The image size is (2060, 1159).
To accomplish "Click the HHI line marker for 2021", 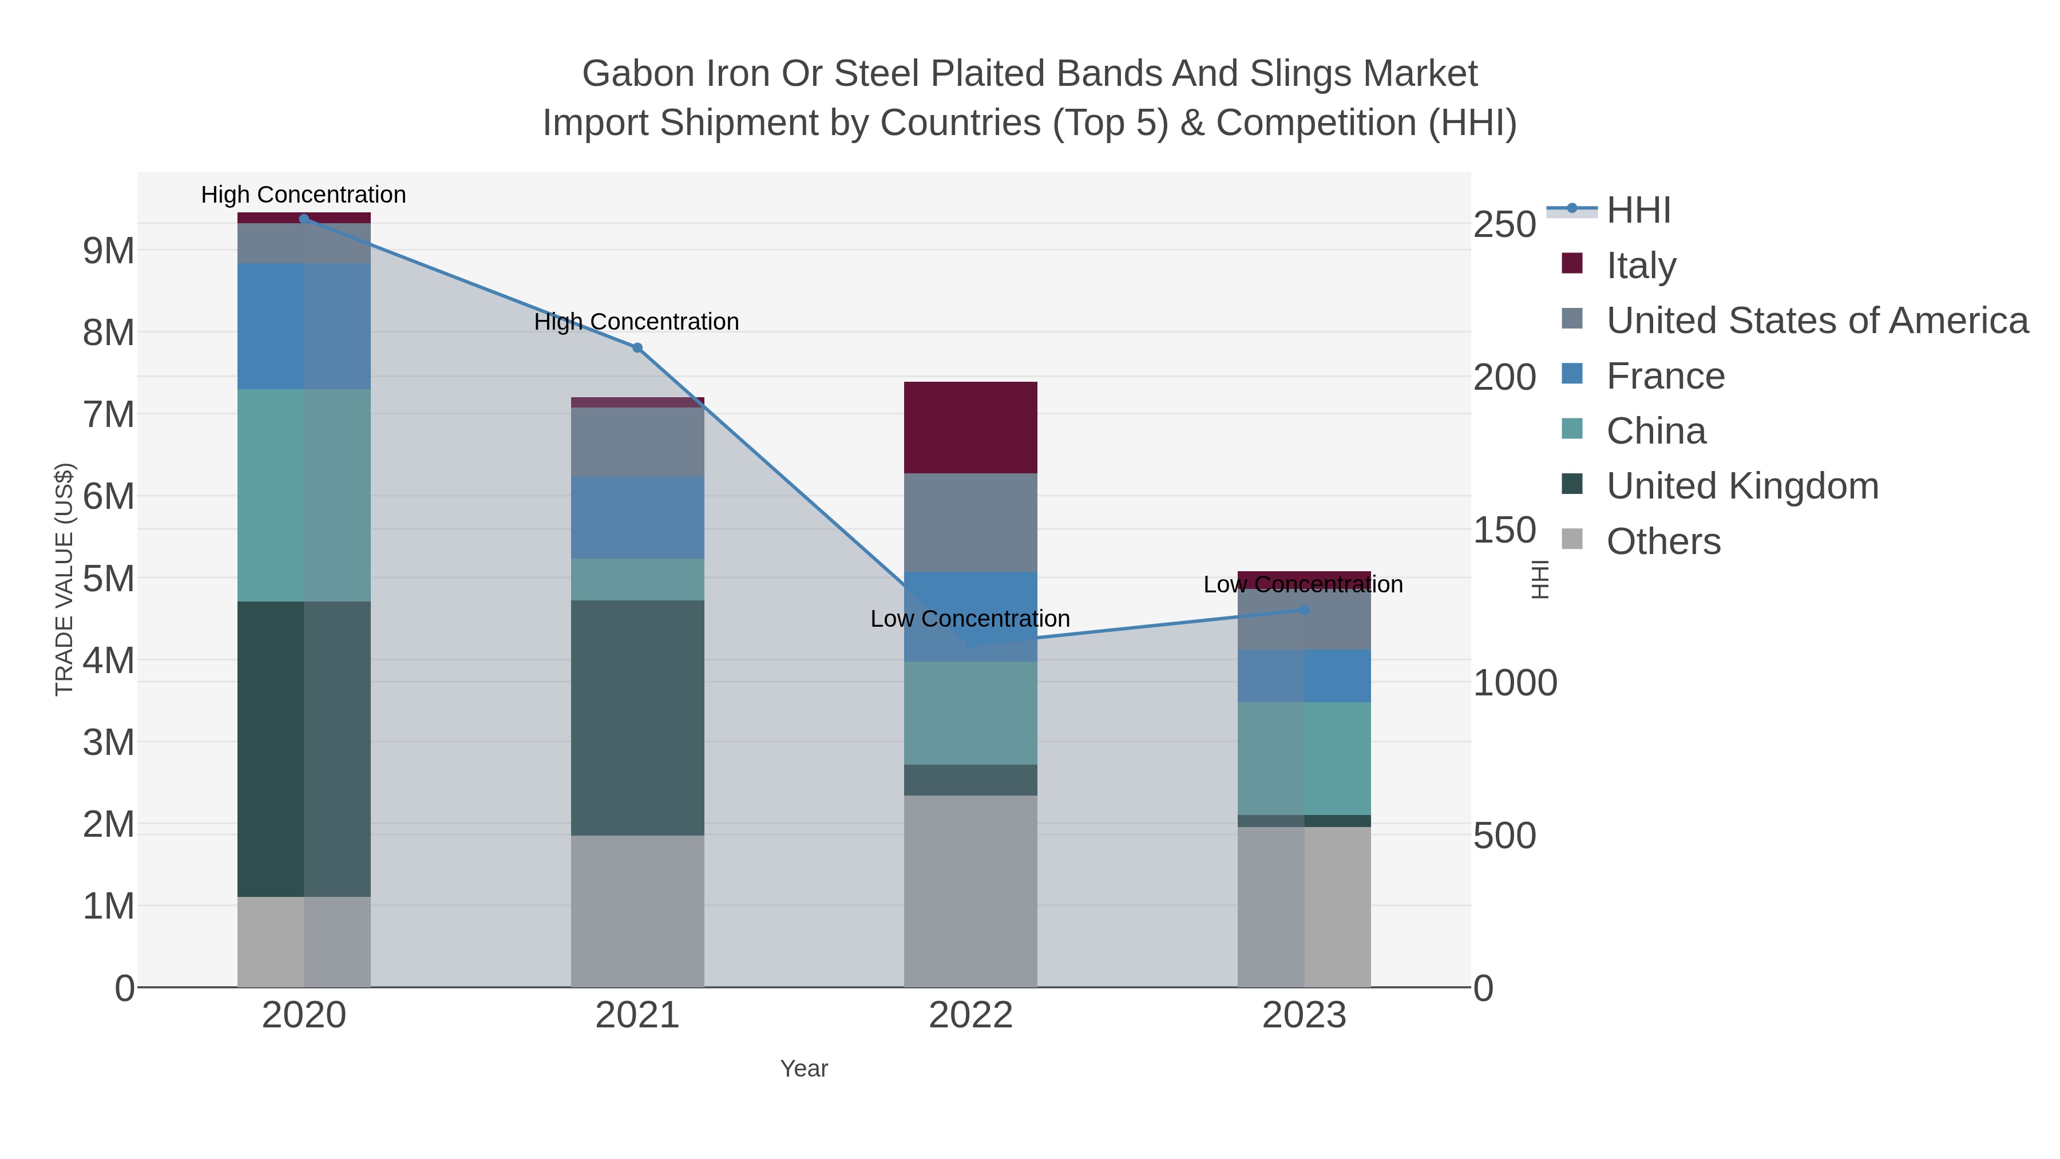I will click(637, 348).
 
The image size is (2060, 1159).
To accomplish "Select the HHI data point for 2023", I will click(1304, 610).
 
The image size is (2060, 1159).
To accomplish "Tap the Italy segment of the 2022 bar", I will click(970, 428).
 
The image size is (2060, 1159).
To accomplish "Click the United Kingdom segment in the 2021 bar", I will click(637, 718).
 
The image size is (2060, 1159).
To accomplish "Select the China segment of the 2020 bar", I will click(304, 495).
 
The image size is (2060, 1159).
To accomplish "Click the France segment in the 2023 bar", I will click(1304, 676).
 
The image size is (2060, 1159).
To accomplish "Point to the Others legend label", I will click(1663, 541).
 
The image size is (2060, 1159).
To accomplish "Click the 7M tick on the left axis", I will click(109, 415).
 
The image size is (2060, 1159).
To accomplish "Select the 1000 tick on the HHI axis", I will click(1514, 683).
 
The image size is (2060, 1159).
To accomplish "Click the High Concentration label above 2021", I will click(636, 322).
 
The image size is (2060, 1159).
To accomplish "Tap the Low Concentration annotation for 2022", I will click(970, 619).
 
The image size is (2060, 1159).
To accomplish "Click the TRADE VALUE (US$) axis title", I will click(64, 580).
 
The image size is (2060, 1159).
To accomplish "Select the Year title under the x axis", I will click(804, 1069).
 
